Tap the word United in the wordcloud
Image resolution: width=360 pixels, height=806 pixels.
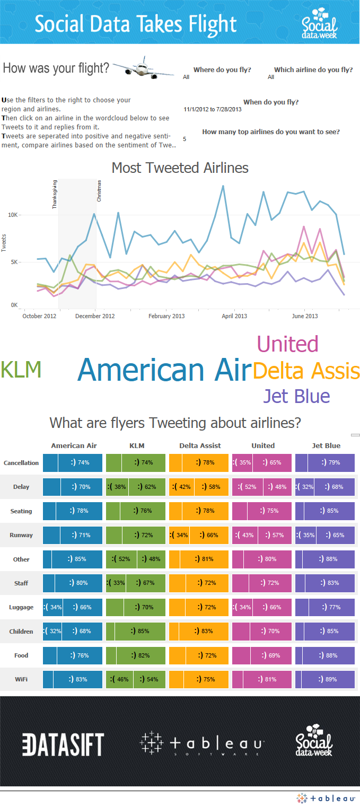pyautogui.click(x=287, y=344)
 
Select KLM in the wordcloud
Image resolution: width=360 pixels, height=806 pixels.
pyautogui.click(x=21, y=370)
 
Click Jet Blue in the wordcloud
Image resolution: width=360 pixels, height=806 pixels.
pyautogui.click(x=296, y=396)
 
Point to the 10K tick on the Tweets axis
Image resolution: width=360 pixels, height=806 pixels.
pyautogui.click(x=14, y=215)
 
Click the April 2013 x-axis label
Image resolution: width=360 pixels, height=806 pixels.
pyautogui.click(x=234, y=316)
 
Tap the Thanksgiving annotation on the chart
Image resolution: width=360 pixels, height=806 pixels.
pyautogui.click(x=55, y=194)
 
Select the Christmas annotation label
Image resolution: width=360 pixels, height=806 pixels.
pyautogui.click(x=99, y=191)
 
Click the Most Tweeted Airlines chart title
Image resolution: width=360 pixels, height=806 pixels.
pyautogui.click(x=180, y=168)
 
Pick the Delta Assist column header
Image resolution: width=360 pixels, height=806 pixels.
pyautogui.click(x=200, y=445)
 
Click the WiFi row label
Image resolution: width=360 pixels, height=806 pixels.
pyautogui.click(x=21, y=679)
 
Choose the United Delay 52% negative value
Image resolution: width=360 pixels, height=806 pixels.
pyautogui.click(x=247, y=487)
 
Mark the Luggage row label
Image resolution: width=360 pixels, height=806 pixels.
pyautogui.click(x=21, y=607)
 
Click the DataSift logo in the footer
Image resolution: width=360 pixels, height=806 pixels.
pyautogui.click(x=63, y=744)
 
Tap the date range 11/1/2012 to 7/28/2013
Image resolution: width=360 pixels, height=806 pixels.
pyautogui.click(x=213, y=109)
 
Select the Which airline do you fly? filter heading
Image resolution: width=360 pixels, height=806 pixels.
pyautogui.click(x=313, y=70)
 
